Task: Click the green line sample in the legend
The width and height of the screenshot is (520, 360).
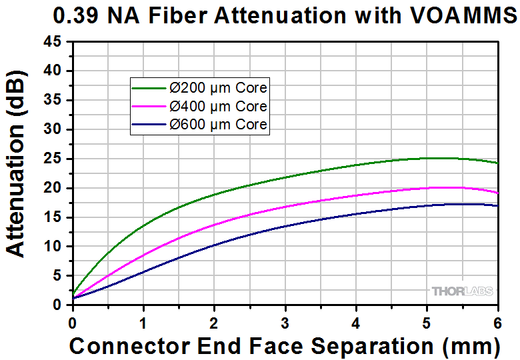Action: (x=148, y=88)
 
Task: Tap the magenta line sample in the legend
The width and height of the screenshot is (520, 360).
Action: (x=148, y=107)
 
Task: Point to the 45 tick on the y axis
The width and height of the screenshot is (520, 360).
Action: (x=53, y=42)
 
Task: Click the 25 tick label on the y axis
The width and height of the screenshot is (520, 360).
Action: (x=53, y=159)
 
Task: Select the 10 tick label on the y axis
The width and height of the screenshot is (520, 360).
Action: (x=53, y=247)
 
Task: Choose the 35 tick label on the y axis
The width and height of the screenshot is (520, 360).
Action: (x=53, y=101)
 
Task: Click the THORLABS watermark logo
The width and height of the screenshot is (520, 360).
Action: (x=462, y=291)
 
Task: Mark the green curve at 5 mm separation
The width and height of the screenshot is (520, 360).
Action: (x=427, y=158)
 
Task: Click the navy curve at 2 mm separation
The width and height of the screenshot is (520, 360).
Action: (x=214, y=245)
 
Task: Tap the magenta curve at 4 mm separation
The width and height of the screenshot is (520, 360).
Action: (x=356, y=195)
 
